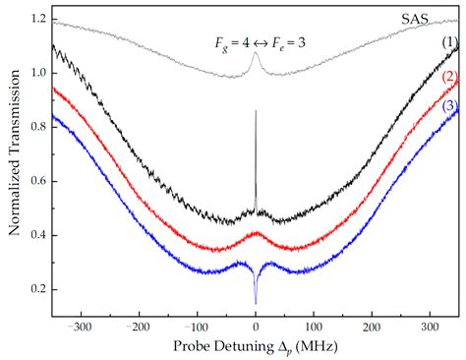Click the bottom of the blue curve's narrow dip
(x=256, y=303)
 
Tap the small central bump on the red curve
(x=256, y=234)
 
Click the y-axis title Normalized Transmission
(x=13, y=162)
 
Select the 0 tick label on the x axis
(x=256, y=326)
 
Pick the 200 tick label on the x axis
(x=372, y=326)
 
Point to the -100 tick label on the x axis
(x=196, y=326)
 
